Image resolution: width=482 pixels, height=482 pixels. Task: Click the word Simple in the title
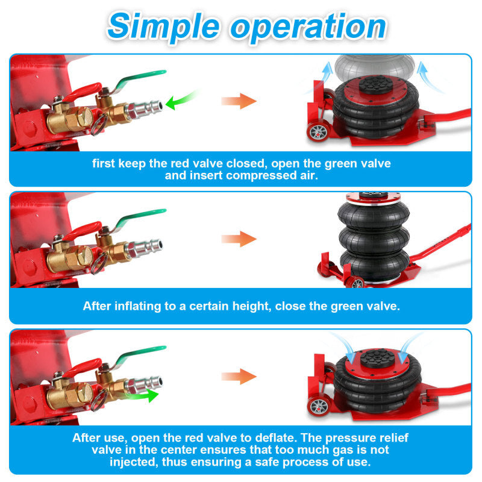click(163, 27)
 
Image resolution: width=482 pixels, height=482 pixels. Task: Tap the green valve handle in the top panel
click(139, 80)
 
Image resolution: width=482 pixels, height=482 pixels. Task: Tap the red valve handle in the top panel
click(81, 92)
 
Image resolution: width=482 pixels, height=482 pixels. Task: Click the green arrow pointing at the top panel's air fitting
click(181, 99)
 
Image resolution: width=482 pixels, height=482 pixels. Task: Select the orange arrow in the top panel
click(239, 101)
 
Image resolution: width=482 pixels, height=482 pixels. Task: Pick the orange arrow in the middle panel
click(239, 239)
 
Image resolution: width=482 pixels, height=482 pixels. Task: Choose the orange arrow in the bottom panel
click(239, 376)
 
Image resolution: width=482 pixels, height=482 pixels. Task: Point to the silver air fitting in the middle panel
click(145, 247)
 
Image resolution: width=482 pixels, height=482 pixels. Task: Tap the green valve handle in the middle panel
click(139, 218)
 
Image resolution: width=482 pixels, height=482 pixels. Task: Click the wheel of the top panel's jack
click(318, 132)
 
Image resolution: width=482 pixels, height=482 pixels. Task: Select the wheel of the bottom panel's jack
click(319, 406)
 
